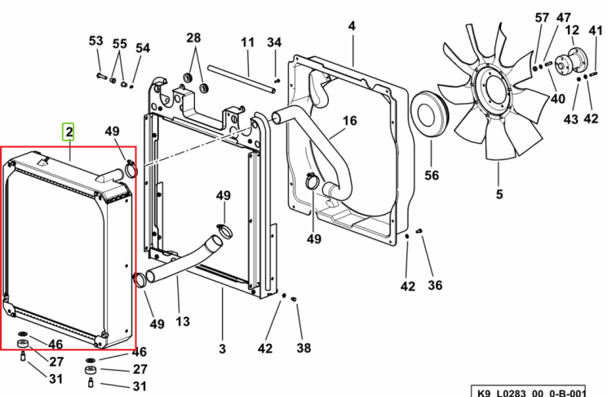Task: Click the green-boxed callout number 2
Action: [x=69, y=132]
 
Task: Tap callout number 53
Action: [x=96, y=41]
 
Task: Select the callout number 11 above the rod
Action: [x=247, y=42]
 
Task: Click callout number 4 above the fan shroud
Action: [x=352, y=26]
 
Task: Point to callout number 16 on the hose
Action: [x=350, y=121]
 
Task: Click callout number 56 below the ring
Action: [x=432, y=176]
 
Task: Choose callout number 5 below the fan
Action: [x=499, y=194]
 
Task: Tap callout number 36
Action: [x=435, y=286]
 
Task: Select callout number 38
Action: [x=304, y=348]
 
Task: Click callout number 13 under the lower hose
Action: [x=182, y=322]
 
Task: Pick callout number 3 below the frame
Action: [x=222, y=349]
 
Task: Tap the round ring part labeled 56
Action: [x=430, y=114]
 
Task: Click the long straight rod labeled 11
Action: [x=242, y=79]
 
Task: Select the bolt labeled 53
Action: [x=101, y=76]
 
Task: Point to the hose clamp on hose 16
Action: [x=313, y=181]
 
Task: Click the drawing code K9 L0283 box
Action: [x=528, y=390]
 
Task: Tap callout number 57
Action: [x=542, y=18]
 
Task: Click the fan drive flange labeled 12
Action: [x=571, y=61]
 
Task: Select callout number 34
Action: [x=274, y=42]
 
